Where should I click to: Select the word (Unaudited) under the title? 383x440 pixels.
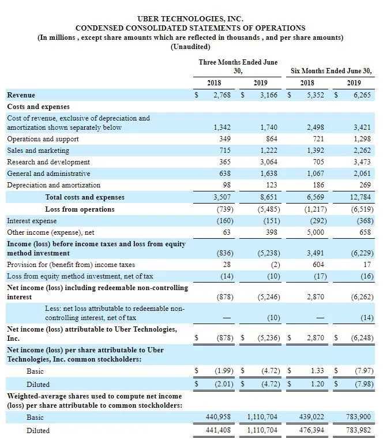pyautogui.click(x=190, y=47)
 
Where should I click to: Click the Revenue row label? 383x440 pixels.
pyautogui.click(x=21, y=95)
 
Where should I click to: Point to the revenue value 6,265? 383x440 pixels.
pyautogui.click(x=361, y=95)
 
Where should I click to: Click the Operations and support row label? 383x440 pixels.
pyautogui.click(x=43, y=139)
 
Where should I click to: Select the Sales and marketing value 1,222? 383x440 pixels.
pyautogui.click(x=268, y=151)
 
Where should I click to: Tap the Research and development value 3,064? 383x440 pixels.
pyautogui.click(x=268, y=162)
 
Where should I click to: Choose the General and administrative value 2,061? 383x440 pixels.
pyautogui.click(x=361, y=174)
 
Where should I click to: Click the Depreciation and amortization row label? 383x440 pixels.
pyautogui.click(x=54, y=185)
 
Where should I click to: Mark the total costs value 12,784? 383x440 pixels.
pyautogui.click(x=359, y=197)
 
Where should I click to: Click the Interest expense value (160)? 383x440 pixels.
pyautogui.click(x=222, y=220)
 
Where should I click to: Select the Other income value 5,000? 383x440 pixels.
pyautogui.click(x=314, y=232)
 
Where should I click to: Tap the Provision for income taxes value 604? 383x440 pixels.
pyautogui.click(x=317, y=265)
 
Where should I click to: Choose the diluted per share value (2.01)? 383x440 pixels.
pyautogui.click(x=222, y=384)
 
